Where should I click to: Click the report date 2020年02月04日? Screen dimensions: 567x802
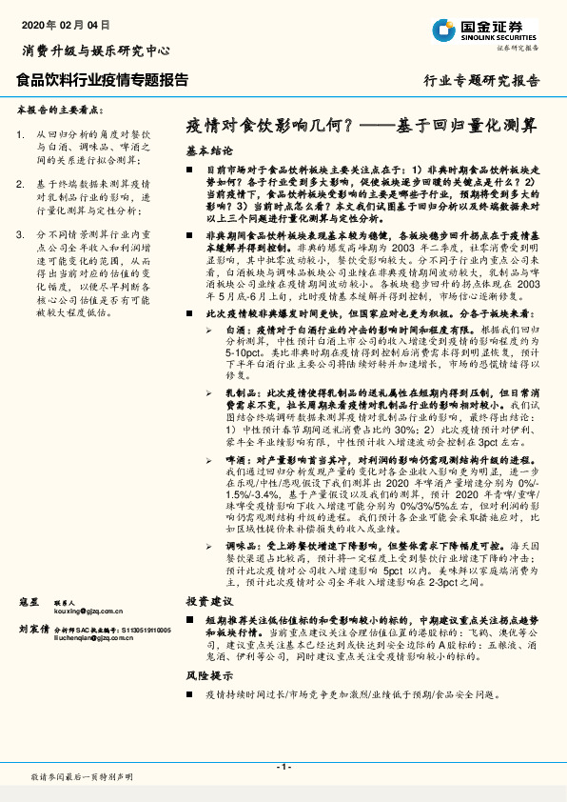click(63, 22)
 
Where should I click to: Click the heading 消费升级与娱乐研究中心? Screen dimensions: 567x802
click(96, 50)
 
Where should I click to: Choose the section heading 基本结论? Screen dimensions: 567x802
click(209, 150)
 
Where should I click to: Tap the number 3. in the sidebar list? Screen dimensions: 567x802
click(22, 232)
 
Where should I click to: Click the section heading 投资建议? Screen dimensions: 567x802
click(209, 601)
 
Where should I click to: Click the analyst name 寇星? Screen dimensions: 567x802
click(29, 603)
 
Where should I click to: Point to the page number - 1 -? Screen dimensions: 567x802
click(283, 767)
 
